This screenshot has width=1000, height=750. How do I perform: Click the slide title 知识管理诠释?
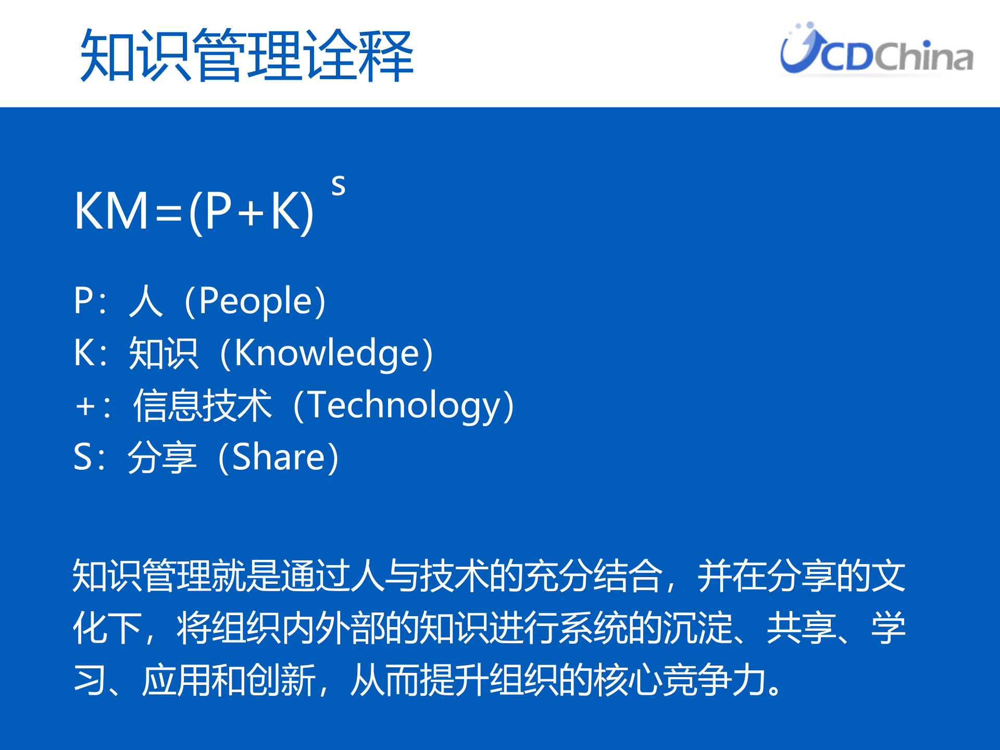[246, 56]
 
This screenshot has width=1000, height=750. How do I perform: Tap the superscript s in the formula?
[338, 185]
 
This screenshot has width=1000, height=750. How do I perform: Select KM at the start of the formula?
[111, 211]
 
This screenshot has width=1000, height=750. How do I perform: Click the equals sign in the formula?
[168, 213]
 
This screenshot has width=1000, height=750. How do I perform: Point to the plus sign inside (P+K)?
[252, 213]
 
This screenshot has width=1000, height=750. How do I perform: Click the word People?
[255, 302]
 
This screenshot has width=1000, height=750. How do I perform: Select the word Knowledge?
[327, 354]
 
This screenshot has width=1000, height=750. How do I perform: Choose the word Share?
[279, 457]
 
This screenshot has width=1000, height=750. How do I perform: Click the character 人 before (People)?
[146, 301]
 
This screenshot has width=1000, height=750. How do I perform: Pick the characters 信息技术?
[202, 405]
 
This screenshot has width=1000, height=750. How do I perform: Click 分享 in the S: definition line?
[162, 457]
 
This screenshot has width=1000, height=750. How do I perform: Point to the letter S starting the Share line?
[83, 457]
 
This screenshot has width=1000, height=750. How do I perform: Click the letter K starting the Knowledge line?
[83, 353]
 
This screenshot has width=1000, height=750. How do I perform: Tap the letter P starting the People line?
[83, 301]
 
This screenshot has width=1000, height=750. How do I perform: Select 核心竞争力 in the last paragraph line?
[680, 680]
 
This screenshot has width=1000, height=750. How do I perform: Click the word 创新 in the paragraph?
[281, 680]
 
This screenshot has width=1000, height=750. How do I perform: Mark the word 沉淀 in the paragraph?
[697, 628]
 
